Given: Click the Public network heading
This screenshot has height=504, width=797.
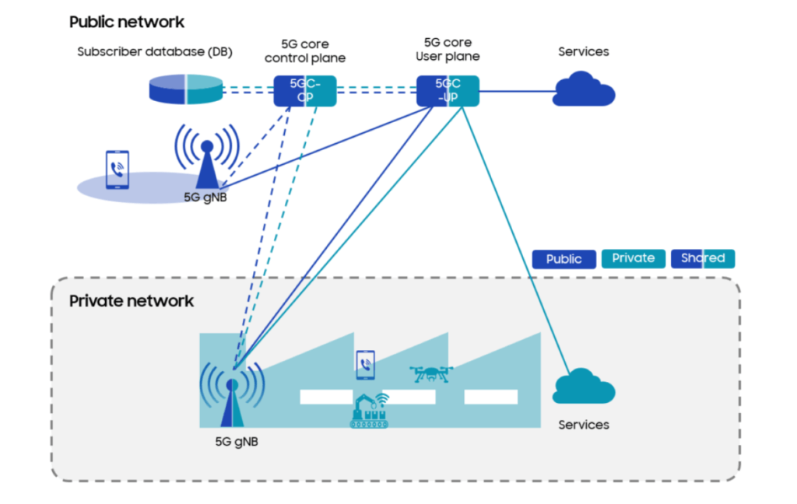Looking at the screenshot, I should point(127,22).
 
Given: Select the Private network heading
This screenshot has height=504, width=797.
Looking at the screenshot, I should point(131,301).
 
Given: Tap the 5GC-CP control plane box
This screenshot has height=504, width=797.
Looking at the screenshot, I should point(304,90).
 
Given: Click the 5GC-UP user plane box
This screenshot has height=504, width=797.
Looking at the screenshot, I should point(447,90).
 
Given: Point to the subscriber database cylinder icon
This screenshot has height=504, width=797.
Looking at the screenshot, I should point(185,89).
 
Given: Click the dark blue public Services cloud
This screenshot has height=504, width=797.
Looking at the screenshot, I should point(584,89).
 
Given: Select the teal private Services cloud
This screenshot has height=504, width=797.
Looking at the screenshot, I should point(584,387).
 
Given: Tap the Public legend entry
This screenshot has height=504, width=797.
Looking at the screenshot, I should point(564,259).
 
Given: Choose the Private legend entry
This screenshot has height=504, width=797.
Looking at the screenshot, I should point(633,258).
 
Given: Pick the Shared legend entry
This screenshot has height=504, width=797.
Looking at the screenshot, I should point(702,258).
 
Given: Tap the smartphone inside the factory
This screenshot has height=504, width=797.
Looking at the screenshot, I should point(365,364).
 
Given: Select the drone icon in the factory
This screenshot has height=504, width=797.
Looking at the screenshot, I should point(430,374).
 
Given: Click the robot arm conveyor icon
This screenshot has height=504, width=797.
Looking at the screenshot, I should point(369,411).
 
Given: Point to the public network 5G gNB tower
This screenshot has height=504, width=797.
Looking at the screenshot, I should point(207,159).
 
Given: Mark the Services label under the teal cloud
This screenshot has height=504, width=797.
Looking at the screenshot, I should point(584,425).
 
